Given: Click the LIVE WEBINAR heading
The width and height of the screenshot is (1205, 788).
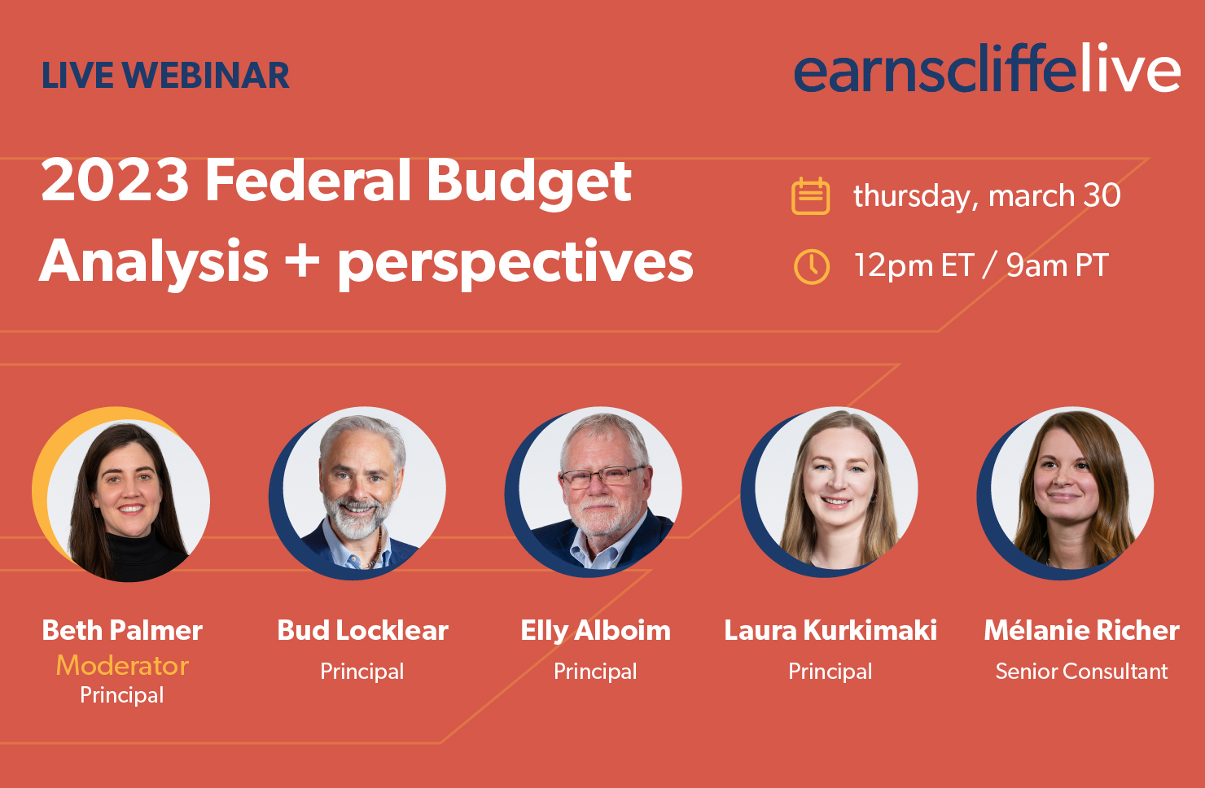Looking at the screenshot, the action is click(166, 76).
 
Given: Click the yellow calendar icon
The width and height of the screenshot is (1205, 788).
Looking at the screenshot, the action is click(811, 196).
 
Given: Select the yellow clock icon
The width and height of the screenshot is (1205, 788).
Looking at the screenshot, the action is click(812, 266).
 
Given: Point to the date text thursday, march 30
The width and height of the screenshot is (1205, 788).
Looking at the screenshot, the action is click(987, 195).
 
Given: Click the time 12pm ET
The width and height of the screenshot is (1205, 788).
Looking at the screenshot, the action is click(914, 265).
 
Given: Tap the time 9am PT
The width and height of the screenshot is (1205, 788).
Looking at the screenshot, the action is click(1058, 265).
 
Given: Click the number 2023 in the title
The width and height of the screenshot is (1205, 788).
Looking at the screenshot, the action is click(115, 180).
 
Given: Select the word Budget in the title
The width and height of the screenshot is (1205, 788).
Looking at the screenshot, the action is click(528, 182).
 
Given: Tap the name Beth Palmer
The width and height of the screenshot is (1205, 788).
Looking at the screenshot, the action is click(122, 630).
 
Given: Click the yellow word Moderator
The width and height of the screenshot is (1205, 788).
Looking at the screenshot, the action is click(122, 666).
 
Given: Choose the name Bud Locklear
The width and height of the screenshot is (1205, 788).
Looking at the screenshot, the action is click(362, 630).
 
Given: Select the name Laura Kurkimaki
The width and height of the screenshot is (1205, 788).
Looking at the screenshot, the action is click(830, 630).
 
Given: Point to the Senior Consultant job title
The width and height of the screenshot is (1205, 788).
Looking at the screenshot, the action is click(1081, 672).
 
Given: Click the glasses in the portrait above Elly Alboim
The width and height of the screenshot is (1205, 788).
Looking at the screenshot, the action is click(602, 476).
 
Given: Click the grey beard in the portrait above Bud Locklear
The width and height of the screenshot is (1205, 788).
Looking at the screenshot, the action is click(356, 516).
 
